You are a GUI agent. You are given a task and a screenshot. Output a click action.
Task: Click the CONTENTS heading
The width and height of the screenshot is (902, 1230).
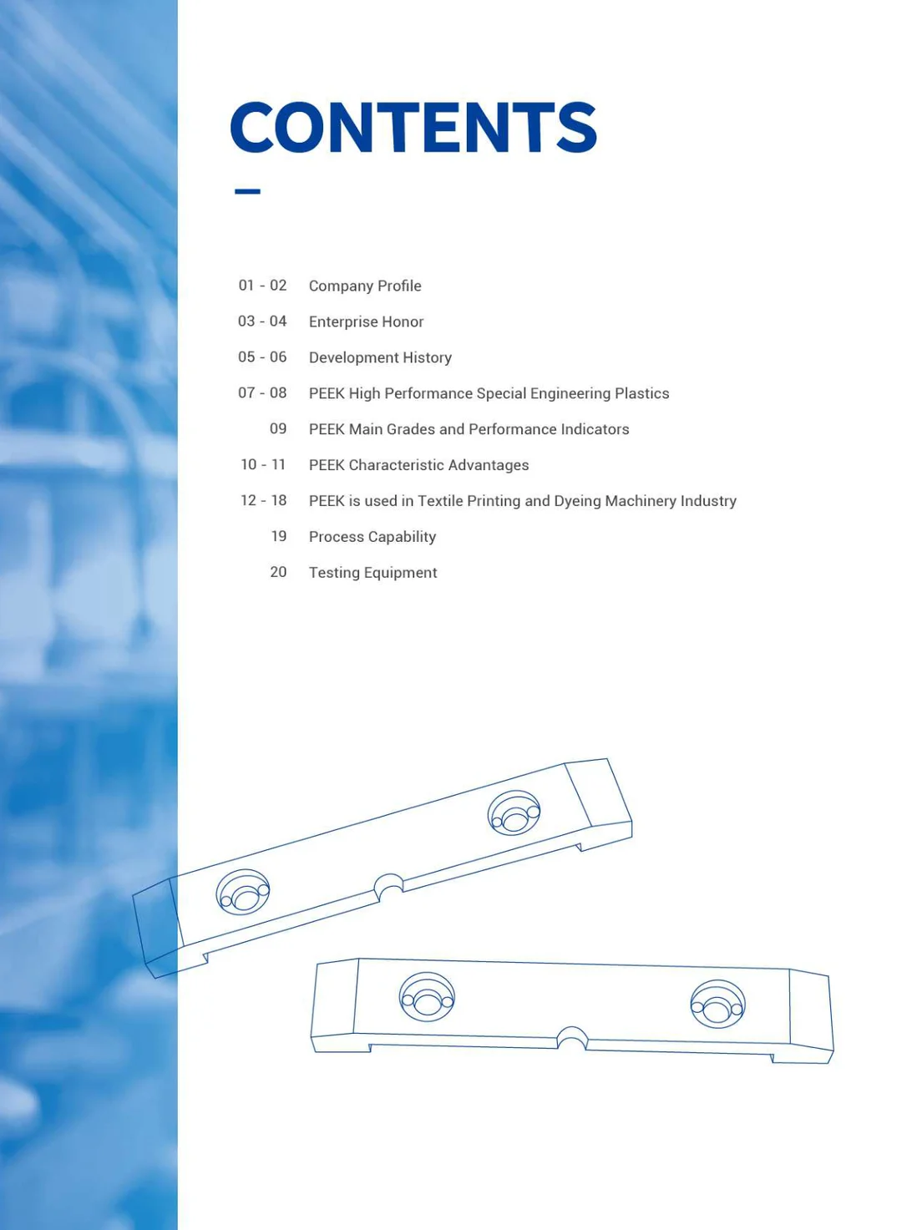click(x=413, y=128)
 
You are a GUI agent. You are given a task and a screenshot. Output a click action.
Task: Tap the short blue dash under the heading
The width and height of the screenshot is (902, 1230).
click(x=247, y=191)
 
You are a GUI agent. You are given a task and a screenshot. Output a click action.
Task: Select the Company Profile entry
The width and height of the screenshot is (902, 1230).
click(x=365, y=286)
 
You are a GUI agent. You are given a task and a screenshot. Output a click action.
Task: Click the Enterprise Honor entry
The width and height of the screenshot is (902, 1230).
click(x=366, y=321)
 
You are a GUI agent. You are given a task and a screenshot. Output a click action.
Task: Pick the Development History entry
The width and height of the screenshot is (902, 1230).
click(x=380, y=357)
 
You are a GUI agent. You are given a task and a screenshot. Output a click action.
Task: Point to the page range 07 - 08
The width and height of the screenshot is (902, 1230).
click(x=262, y=392)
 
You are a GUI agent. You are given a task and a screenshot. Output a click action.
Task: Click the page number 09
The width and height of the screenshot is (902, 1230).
click(x=278, y=428)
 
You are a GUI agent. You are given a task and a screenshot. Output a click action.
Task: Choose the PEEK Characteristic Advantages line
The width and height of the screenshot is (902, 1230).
click(x=418, y=465)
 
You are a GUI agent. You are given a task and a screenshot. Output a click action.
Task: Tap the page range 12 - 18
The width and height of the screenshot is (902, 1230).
click(x=263, y=500)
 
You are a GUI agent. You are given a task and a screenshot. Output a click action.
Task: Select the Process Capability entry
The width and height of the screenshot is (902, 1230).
click(x=372, y=537)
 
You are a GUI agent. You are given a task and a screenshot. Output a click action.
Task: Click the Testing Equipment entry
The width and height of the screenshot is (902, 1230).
click(x=372, y=573)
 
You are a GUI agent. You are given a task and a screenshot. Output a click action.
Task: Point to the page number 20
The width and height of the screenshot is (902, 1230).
click(x=278, y=572)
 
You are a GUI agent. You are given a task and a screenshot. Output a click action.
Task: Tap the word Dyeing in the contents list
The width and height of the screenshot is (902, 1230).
click(x=577, y=501)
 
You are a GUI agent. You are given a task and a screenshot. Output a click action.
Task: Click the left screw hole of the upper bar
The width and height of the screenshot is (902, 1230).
click(x=243, y=893)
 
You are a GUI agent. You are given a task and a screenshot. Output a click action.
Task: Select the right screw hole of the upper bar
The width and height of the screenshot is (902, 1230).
click(x=514, y=813)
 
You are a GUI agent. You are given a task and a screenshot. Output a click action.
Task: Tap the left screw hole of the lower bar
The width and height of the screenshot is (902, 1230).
click(x=427, y=998)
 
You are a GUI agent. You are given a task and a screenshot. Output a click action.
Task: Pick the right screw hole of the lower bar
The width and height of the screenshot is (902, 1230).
click(x=717, y=1005)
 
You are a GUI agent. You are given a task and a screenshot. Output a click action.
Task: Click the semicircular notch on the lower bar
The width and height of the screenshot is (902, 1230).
click(x=572, y=1037)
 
